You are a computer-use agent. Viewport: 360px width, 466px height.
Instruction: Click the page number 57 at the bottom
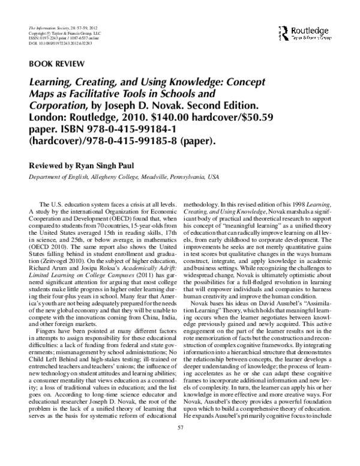pyautogui.click(x=180, y=444)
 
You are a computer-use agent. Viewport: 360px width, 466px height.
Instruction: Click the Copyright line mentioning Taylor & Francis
pyautogui.click(x=56, y=34)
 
